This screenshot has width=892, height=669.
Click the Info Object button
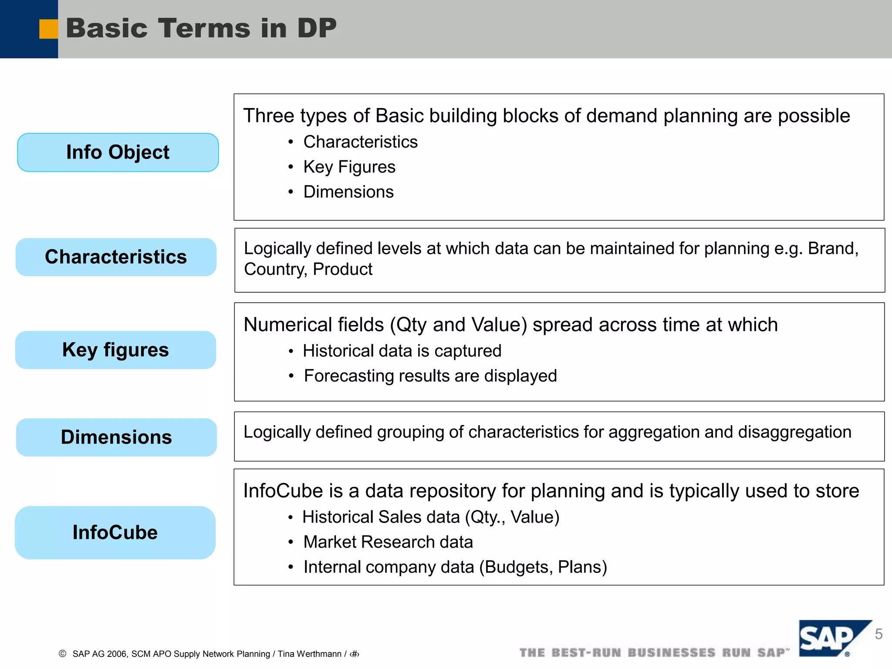(x=118, y=152)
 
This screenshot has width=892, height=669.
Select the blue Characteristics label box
(x=116, y=257)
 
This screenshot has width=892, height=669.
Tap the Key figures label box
(x=115, y=350)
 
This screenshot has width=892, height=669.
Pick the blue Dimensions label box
(x=116, y=437)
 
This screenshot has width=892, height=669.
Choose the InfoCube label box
(x=115, y=532)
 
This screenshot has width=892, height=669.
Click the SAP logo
(x=830, y=639)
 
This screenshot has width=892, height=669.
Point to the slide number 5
(x=878, y=634)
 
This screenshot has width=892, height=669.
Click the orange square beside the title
(x=48, y=29)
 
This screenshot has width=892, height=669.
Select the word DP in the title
(x=317, y=29)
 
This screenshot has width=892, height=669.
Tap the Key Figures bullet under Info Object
(x=349, y=167)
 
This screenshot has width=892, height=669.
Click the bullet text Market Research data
(x=388, y=542)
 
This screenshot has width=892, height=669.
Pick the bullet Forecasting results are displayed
(x=430, y=375)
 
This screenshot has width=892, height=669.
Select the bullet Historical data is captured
(x=402, y=351)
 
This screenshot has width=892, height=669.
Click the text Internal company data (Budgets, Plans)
(x=455, y=567)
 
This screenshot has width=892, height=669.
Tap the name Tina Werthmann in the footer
(x=309, y=654)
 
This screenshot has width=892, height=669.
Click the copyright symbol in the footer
(x=63, y=654)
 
